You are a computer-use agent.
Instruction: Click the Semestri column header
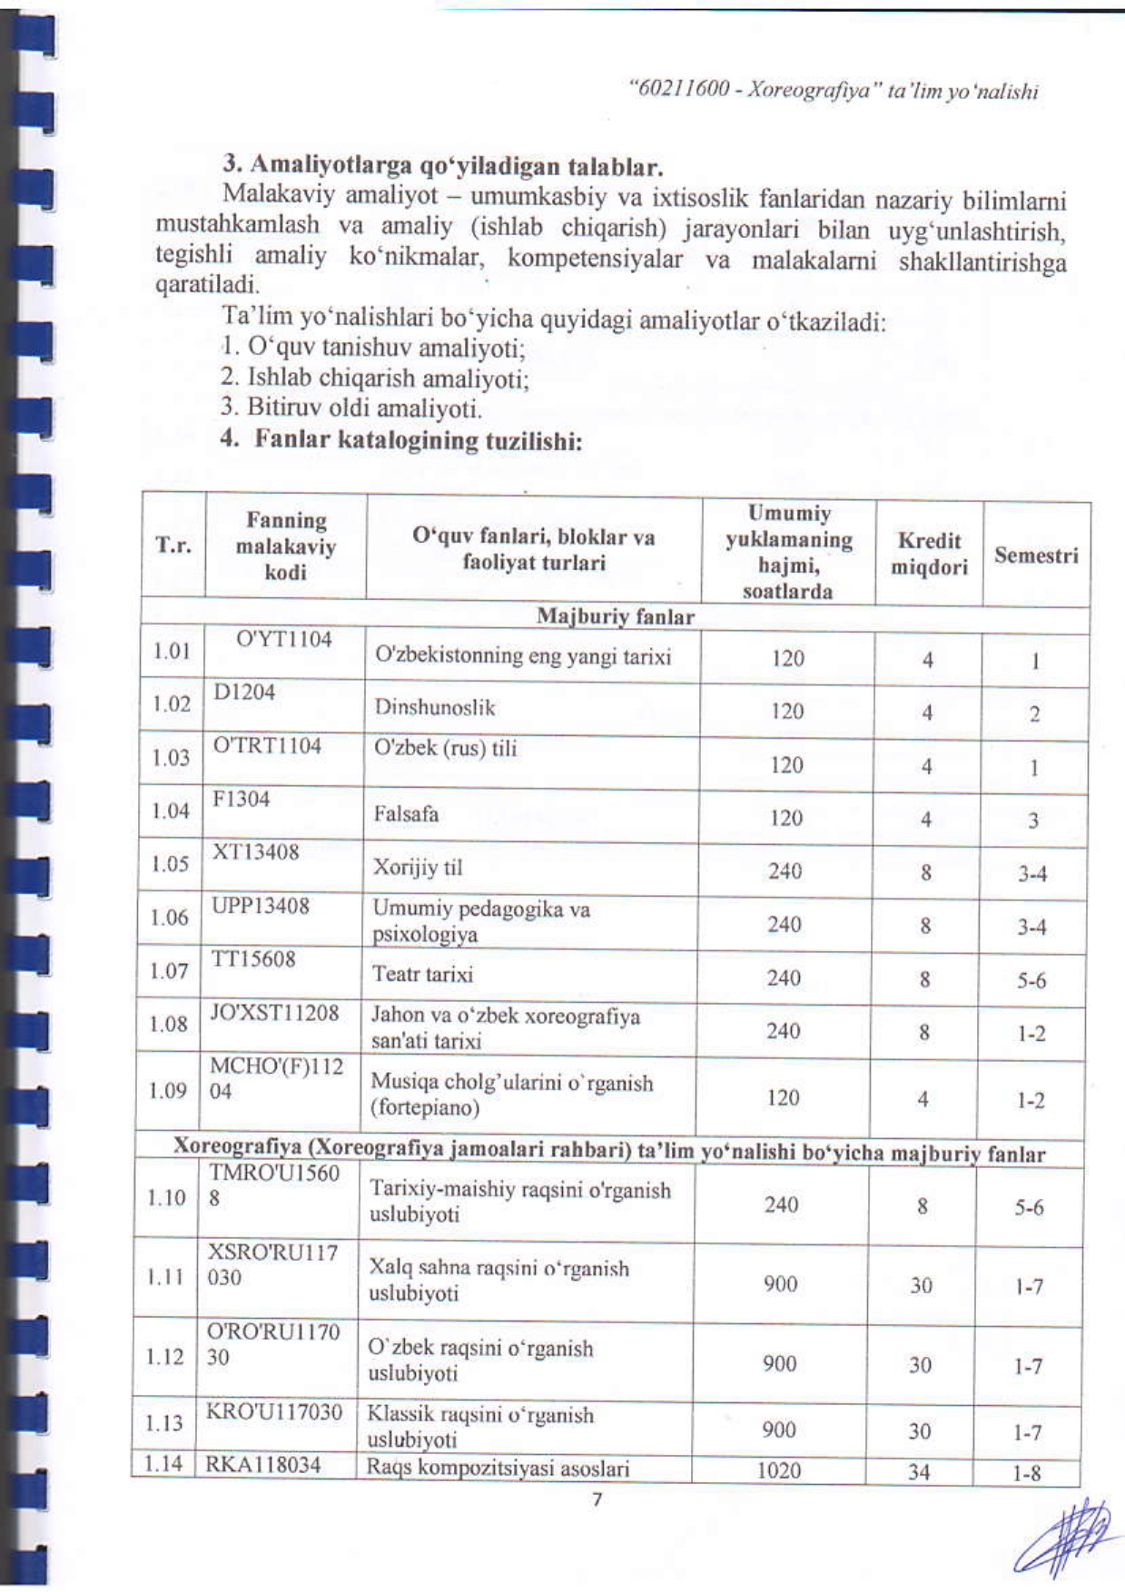[x=1036, y=555]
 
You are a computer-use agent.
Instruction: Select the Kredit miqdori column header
[x=929, y=554]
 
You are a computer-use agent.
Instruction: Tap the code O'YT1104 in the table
[x=284, y=640]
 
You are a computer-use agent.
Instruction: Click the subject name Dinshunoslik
[x=435, y=708]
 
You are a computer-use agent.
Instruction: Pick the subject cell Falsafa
[x=406, y=814]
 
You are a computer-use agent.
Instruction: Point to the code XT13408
[x=255, y=852]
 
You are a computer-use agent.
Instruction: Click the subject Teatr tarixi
[x=422, y=975]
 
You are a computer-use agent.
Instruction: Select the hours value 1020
[x=779, y=1470]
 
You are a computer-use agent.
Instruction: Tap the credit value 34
[x=919, y=1471]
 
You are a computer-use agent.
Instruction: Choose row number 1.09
[x=168, y=1090]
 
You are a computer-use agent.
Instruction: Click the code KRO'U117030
[x=274, y=1412]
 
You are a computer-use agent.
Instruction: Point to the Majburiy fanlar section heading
[x=615, y=617]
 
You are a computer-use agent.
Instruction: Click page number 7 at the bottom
[x=597, y=1499]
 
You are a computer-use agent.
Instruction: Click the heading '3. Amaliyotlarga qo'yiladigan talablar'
[x=443, y=167]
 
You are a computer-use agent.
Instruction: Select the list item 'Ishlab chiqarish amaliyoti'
[x=375, y=378]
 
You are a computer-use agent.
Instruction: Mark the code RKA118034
[x=263, y=1465]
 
